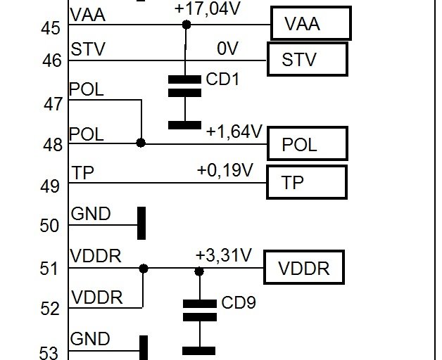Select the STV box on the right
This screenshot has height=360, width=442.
tap(307, 58)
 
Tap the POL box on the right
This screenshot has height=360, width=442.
tap(308, 144)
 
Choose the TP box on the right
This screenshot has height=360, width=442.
tap(307, 183)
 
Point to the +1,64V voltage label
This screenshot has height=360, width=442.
tap(234, 131)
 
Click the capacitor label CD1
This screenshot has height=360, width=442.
tap(223, 79)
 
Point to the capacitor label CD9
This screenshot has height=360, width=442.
tap(239, 304)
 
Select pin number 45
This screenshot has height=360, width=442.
tap(51, 28)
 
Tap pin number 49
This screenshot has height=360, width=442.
tap(51, 186)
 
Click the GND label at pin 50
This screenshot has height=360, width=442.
tap(91, 214)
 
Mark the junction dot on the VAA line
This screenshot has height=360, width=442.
tap(187, 25)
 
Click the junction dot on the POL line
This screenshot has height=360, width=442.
tap(141, 143)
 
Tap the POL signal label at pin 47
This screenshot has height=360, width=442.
tap(87, 90)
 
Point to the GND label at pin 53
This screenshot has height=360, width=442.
tap(91, 339)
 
